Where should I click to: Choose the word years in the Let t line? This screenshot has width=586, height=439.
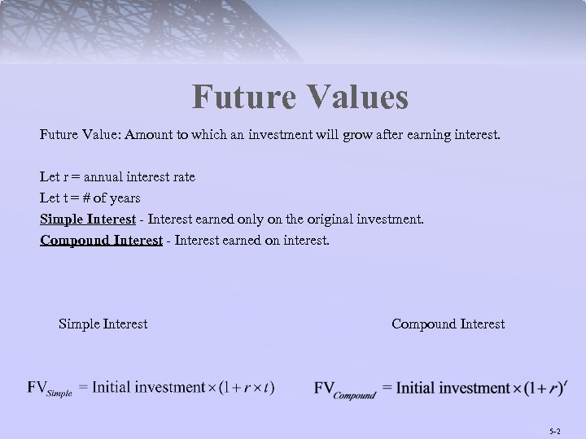(x=123, y=198)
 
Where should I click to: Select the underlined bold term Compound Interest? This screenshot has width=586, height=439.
(x=101, y=241)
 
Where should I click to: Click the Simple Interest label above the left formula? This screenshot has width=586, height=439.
(x=103, y=324)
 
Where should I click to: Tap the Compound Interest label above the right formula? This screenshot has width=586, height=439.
(x=448, y=324)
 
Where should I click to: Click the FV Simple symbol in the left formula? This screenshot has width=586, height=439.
(x=50, y=389)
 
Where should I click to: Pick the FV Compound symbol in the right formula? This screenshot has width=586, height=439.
(x=344, y=389)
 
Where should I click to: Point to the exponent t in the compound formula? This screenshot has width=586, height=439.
(x=565, y=379)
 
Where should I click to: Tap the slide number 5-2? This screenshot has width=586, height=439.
(x=555, y=429)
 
